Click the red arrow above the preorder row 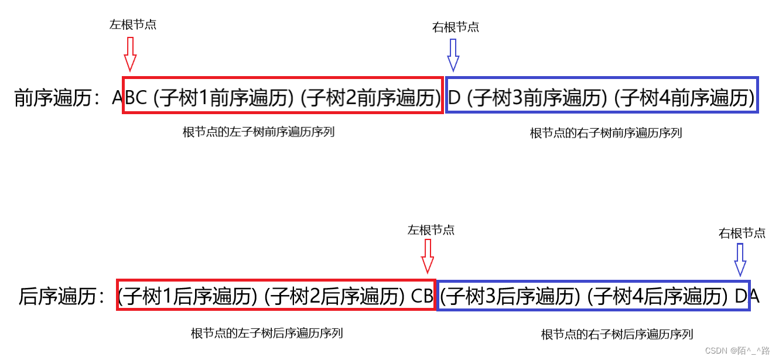click(130, 54)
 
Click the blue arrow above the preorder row click(453, 55)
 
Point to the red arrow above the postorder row click(428, 256)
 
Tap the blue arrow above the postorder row click(740, 259)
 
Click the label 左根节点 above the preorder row click(133, 25)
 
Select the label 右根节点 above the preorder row click(456, 27)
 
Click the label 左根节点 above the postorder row click(431, 230)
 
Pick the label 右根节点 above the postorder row click(742, 233)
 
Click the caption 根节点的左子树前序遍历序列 click(258, 132)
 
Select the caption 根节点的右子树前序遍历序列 click(606, 133)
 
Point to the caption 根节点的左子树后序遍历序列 click(267, 333)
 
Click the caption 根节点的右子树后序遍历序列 click(617, 334)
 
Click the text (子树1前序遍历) click(224, 97)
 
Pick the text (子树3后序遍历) click(510, 296)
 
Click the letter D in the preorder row click(455, 97)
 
